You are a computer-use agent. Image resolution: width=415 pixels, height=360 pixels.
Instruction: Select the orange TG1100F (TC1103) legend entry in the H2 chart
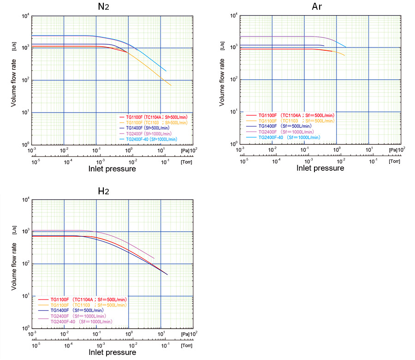pos(88,305)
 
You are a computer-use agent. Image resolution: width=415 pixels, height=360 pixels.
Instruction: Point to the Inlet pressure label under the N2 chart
pos(112,169)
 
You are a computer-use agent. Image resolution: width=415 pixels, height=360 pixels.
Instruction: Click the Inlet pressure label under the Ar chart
pos(320,168)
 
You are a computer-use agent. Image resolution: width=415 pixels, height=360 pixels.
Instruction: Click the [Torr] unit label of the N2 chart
pos(187,162)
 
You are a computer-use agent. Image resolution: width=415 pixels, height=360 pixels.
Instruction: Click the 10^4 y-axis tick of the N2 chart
pos(26,16)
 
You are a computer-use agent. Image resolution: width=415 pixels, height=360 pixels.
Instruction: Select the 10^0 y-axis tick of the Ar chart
pos(234,144)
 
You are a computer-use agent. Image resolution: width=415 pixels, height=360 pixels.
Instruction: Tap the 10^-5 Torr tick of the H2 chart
pos(35,345)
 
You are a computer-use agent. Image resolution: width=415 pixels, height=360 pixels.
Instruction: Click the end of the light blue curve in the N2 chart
pos(166,71)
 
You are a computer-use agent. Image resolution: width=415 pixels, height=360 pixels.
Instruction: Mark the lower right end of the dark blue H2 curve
pos(167,275)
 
